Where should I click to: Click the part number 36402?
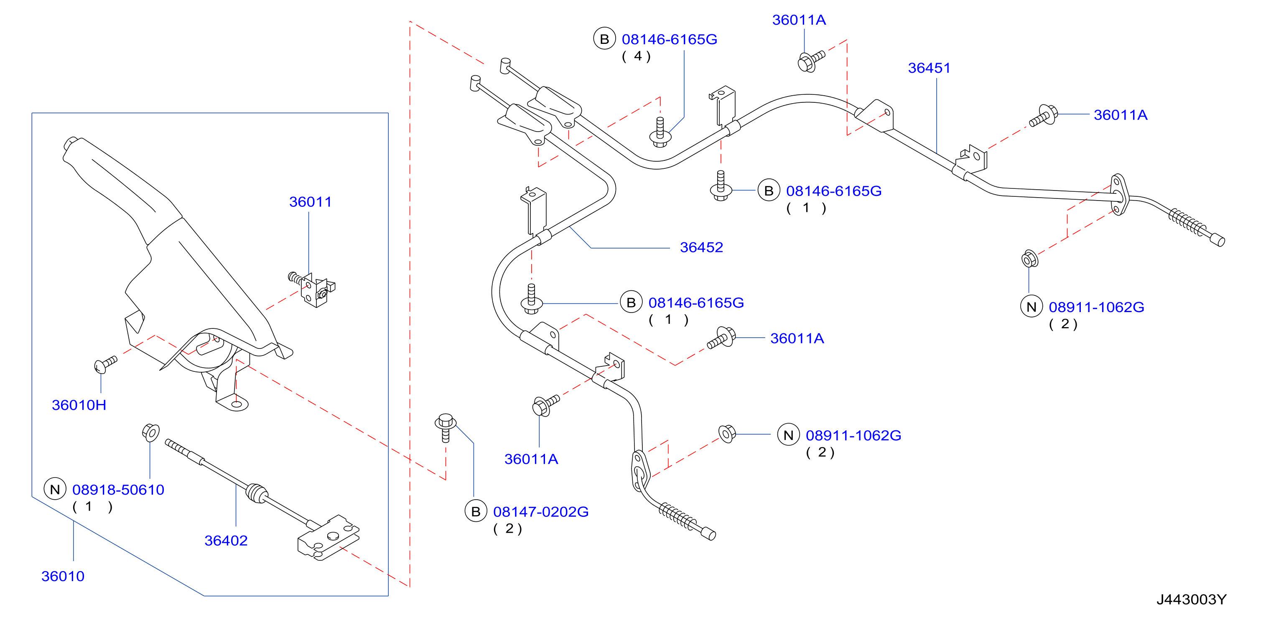coord(226,540)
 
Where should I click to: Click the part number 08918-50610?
coord(118,489)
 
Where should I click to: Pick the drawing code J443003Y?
coord(1191,599)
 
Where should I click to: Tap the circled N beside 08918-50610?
coord(55,489)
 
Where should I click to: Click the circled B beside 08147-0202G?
coord(476,511)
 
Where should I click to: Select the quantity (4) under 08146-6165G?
coord(636,56)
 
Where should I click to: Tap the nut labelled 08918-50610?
coord(150,432)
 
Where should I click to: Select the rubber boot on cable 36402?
coord(257,494)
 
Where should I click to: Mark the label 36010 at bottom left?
coord(63,576)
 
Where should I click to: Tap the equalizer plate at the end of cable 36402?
coord(328,538)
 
